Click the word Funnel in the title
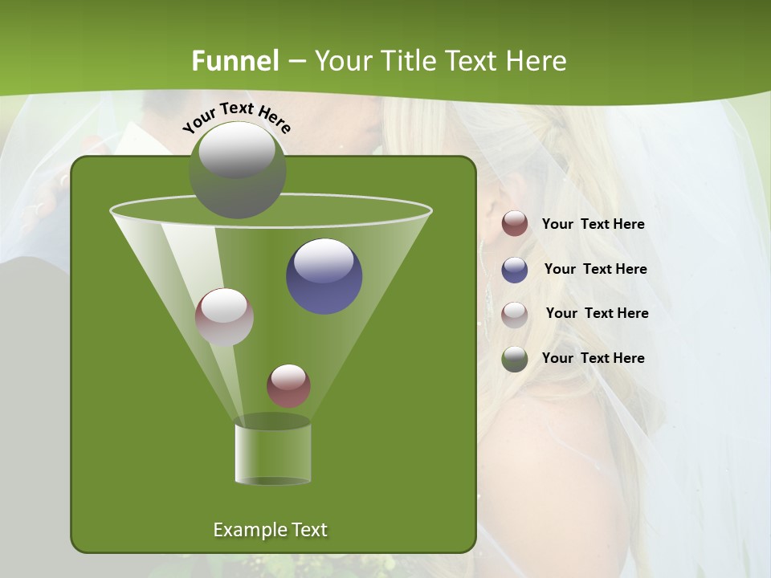(x=235, y=61)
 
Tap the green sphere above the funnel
(x=238, y=170)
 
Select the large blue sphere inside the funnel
(x=324, y=276)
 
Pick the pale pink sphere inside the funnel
(x=224, y=317)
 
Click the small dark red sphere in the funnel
(x=288, y=385)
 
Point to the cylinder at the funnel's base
(x=272, y=454)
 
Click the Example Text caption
(x=270, y=530)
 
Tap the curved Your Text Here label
(x=236, y=117)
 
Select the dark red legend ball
(x=515, y=224)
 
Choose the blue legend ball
(x=515, y=270)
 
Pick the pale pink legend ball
(x=515, y=315)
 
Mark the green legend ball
(x=515, y=359)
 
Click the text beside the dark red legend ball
(x=593, y=225)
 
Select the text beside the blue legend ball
(x=595, y=270)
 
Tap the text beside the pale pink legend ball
(x=597, y=314)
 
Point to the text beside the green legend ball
(x=593, y=359)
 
